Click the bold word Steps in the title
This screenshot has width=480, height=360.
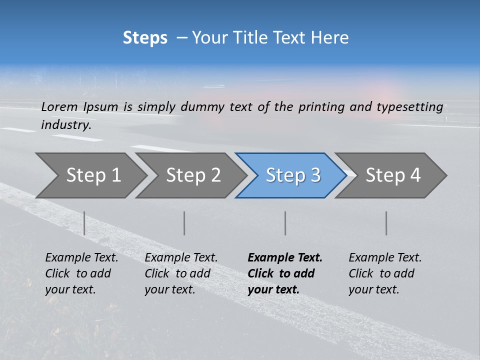click(145, 37)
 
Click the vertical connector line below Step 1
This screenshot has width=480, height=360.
click(84, 223)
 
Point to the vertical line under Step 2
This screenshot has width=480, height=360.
click(184, 223)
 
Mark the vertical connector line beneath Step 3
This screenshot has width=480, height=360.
click(285, 223)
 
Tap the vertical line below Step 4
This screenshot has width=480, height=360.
click(386, 223)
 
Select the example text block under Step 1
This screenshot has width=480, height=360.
click(81, 273)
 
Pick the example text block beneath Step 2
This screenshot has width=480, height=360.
click(181, 273)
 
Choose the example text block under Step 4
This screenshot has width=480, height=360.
click(385, 273)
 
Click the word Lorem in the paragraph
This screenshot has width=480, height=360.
click(59, 106)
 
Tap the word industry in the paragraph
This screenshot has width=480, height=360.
click(66, 125)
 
